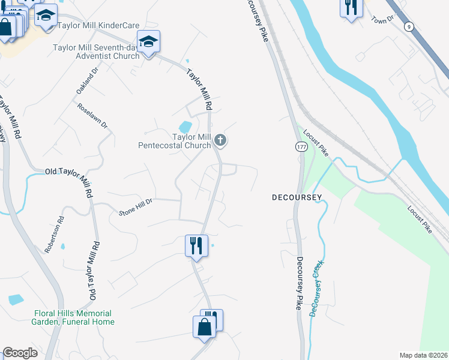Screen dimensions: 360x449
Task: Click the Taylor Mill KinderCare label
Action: [x=98, y=26]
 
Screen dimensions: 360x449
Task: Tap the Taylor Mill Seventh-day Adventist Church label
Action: [x=96, y=52]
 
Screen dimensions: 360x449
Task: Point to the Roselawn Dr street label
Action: [x=92, y=116]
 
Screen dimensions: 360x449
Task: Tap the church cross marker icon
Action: [x=220, y=141]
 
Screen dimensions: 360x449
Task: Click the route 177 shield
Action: [x=301, y=146]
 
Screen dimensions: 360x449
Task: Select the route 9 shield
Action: [x=409, y=26]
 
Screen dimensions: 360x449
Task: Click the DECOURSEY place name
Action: [x=297, y=197]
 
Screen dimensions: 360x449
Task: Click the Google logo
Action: [x=20, y=353]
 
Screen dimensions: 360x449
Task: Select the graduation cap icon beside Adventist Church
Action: [x=148, y=42]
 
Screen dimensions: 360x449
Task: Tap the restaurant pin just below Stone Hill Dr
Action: [x=196, y=245]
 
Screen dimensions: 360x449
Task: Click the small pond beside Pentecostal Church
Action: [x=185, y=127]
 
